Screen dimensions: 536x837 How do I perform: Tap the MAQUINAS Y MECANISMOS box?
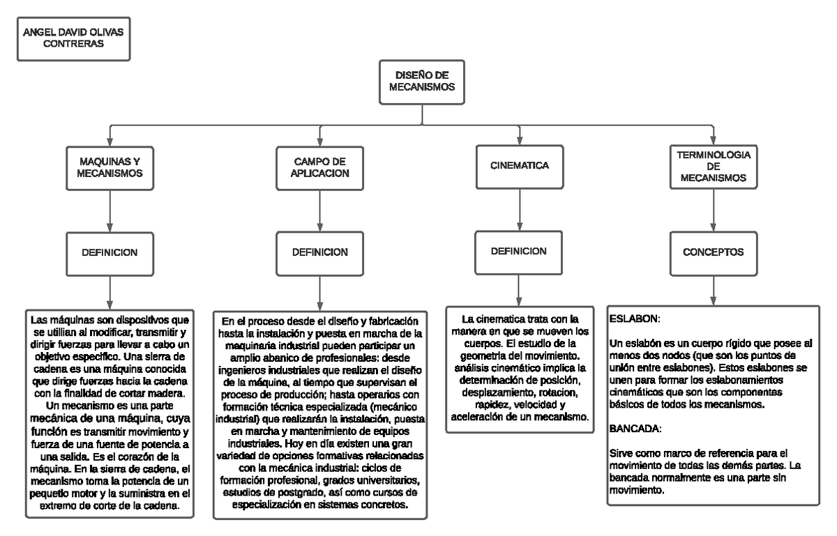[111, 168]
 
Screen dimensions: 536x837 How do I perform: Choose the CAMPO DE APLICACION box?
[320, 167]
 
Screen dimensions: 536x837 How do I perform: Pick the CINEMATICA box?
[517, 167]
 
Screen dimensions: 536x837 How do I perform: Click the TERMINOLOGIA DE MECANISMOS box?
[713, 167]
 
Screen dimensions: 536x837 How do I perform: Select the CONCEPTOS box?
[713, 252]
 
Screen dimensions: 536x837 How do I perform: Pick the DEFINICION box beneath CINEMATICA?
[518, 251]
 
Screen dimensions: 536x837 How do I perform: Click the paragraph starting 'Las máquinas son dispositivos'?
[111, 414]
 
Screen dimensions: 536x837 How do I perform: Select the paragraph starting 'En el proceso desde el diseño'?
[320, 414]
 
